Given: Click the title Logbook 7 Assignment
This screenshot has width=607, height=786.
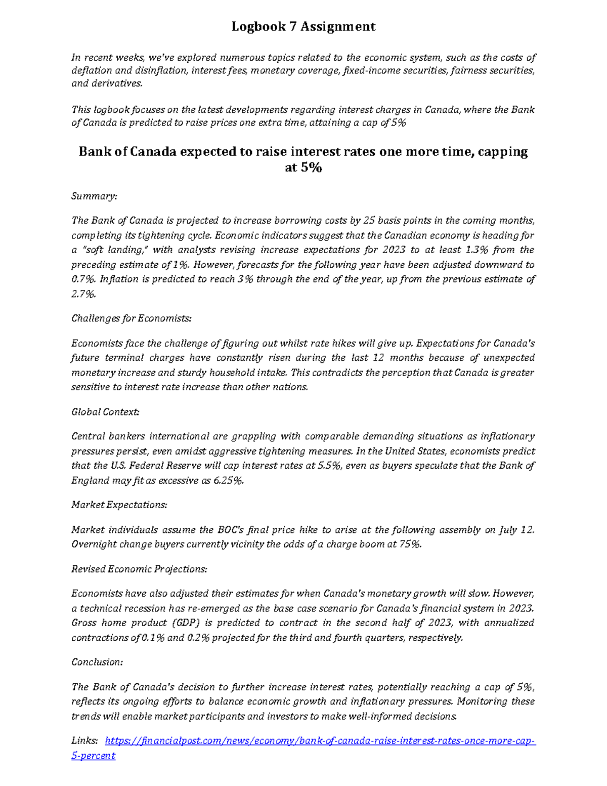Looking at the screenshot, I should [303, 26].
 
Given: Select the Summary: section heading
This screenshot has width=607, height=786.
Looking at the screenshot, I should [94, 196].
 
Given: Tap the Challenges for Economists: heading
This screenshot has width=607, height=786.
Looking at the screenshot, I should [132, 318].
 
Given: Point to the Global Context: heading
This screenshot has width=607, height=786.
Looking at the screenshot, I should [105, 412].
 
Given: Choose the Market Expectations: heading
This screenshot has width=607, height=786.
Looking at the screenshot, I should [119, 505].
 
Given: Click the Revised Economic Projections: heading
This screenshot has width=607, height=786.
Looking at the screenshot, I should [139, 569].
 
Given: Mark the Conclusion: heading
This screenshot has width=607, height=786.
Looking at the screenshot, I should [97, 662].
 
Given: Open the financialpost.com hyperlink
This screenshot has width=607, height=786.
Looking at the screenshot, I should [320, 741].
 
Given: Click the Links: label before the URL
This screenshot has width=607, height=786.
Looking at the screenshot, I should [84, 741].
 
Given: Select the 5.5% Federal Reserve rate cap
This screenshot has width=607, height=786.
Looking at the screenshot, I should [329, 466].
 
